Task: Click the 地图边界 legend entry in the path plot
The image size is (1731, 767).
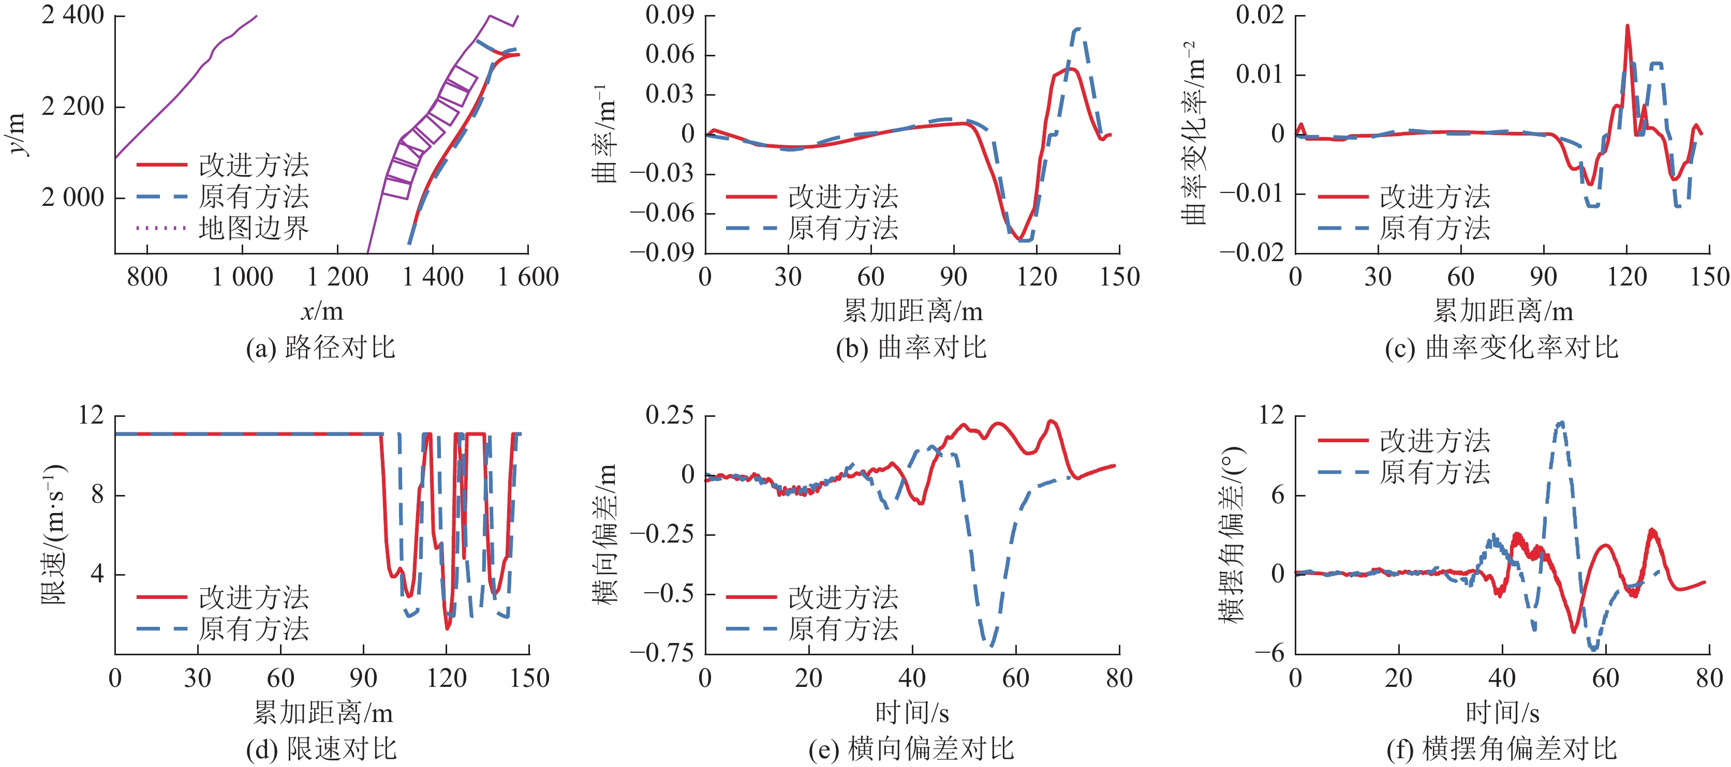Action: (x=254, y=229)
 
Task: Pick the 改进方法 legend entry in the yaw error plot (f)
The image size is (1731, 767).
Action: (x=1434, y=441)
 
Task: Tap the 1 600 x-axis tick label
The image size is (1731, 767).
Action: (x=528, y=277)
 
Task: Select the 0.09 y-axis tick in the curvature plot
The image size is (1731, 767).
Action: (x=669, y=15)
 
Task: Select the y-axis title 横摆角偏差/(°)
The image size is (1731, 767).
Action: (x=1232, y=534)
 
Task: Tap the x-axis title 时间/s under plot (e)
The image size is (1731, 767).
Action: (x=912, y=713)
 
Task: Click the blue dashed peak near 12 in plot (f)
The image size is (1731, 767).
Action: (x=1560, y=423)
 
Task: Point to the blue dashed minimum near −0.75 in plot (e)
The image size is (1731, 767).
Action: (x=991, y=645)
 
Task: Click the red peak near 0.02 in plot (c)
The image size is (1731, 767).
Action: (x=1628, y=26)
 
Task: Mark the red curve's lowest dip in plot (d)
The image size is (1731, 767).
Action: (x=448, y=628)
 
